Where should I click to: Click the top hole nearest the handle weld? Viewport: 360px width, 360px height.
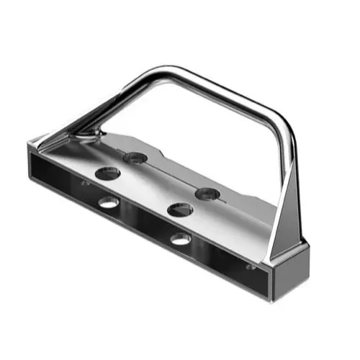[x=135, y=156]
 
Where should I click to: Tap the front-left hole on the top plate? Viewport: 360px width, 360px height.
[x=108, y=173]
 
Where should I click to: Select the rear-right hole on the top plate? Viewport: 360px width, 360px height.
[x=207, y=193]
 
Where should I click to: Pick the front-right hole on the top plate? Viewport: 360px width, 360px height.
[x=180, y=210]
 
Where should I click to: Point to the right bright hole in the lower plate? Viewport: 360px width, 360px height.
[x=181, y=238]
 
